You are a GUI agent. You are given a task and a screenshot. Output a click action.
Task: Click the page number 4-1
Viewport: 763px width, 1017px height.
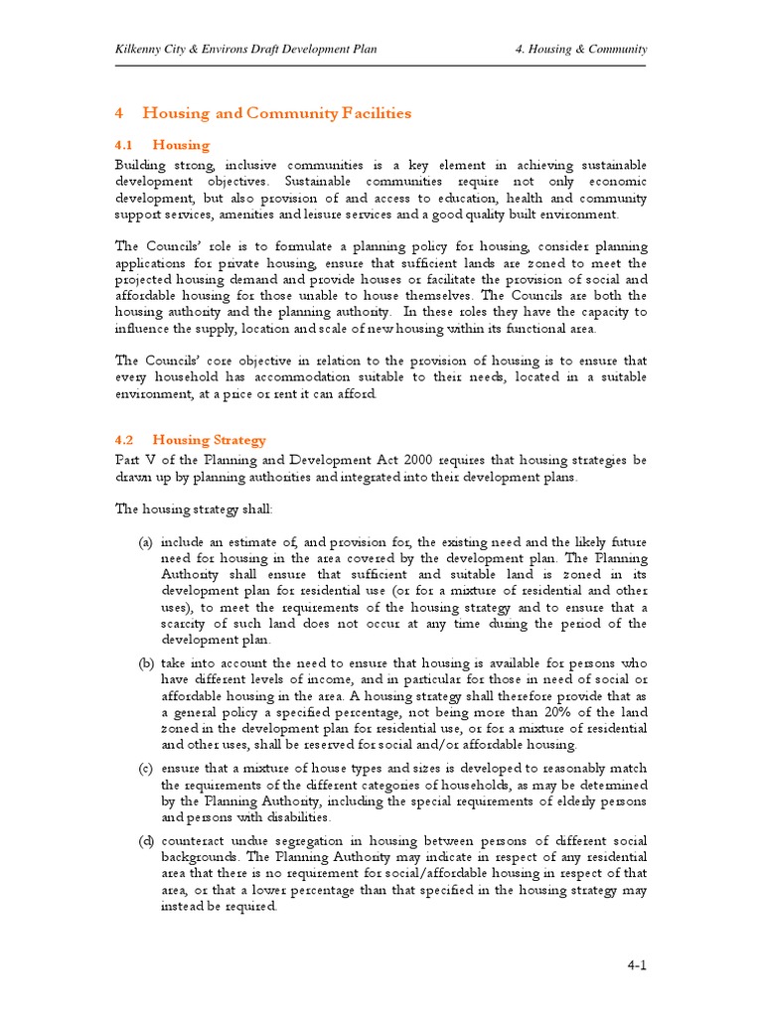pyautogui.click(x=637, y=964)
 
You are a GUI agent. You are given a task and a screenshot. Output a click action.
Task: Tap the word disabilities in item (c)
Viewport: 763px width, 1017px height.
pyautogui.click(x=296, y=816)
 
